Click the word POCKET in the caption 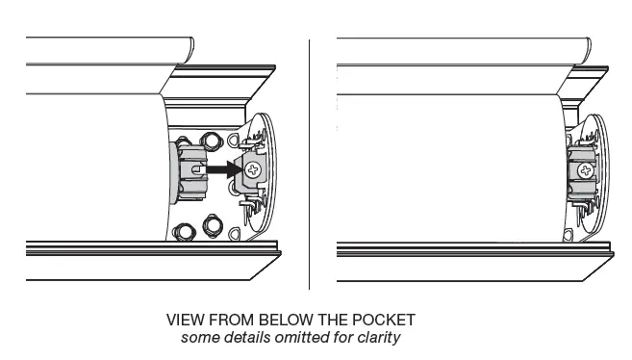(x=385, y=319)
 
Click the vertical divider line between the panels (x=309, y=164)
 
